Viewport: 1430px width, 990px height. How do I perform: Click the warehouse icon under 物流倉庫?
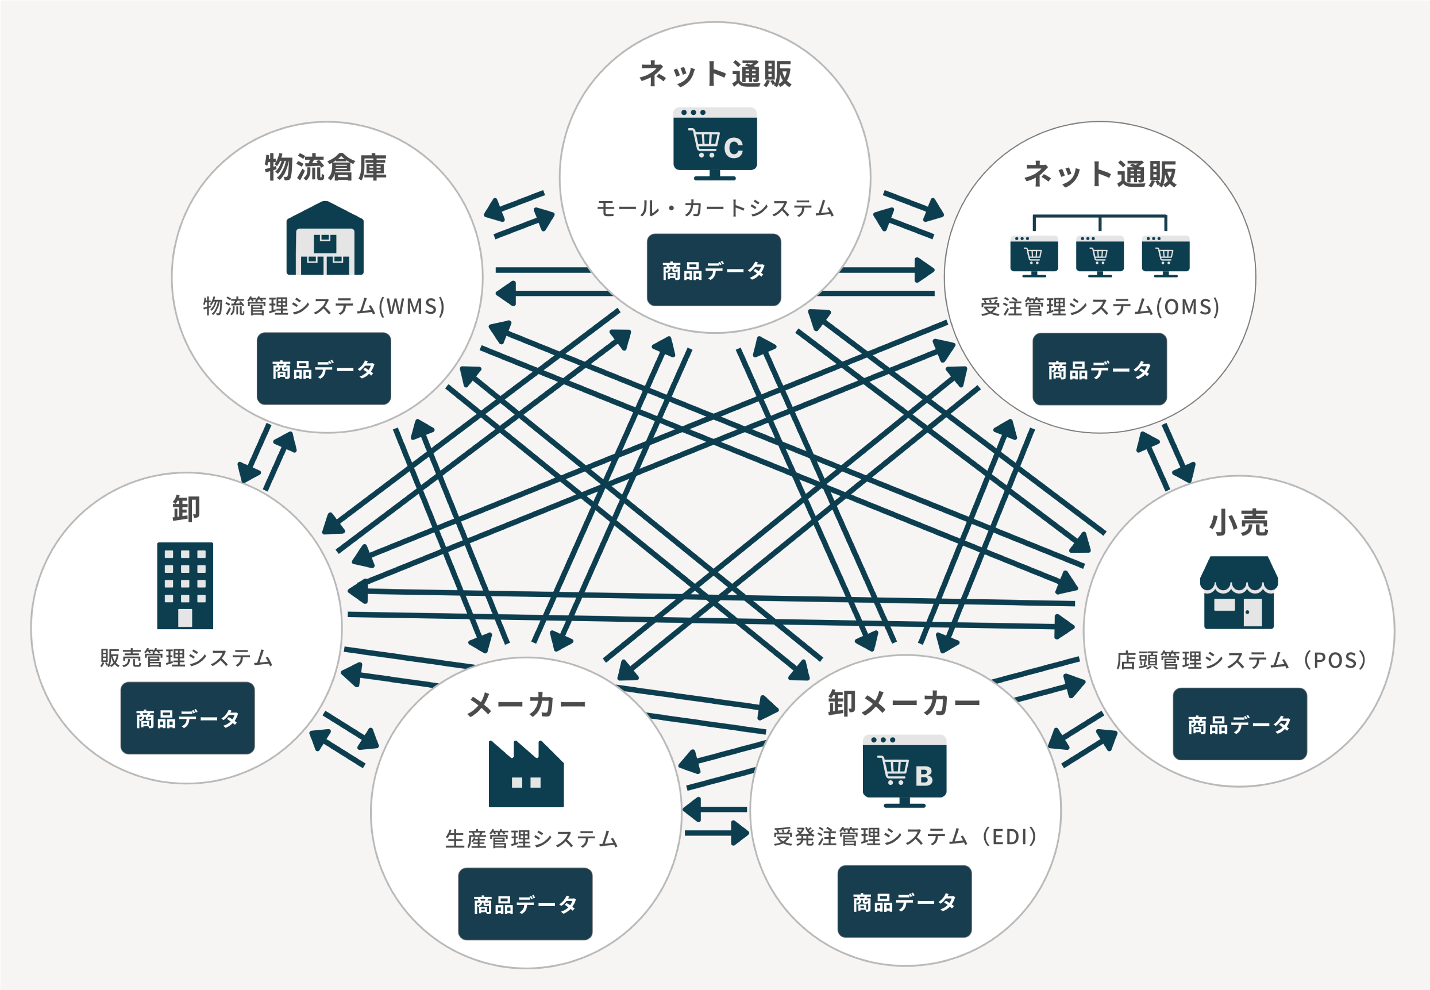pos(325,238)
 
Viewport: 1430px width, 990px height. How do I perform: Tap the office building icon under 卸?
pos(185,585)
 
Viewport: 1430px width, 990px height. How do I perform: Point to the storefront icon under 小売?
pos(1238,592)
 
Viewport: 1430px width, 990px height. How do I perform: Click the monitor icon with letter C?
pos(715,144)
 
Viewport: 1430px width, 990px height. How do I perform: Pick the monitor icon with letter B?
pos(904,771)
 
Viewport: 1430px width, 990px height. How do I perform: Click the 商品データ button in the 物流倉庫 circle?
pos(323,368)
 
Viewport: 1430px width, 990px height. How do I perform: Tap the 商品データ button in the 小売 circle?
pos(1240,724)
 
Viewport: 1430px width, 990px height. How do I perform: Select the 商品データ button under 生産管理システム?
pos(525,904)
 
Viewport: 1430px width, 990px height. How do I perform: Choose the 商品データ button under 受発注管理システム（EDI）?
pos(904,902)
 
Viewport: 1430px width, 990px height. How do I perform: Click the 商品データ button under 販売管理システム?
pos(187,718)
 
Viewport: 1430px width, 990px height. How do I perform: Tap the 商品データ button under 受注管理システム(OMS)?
pos(1100,369)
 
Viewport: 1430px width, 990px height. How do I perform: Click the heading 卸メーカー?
pos(904,703)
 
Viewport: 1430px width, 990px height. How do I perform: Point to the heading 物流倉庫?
pos(326,167)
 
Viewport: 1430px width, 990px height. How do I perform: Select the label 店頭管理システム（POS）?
pos(1241,660)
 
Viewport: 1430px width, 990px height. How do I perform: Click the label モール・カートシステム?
pos(715,209)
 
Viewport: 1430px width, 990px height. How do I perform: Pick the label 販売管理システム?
pos(186,657)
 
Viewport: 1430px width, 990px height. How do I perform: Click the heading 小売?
pos(1238,522)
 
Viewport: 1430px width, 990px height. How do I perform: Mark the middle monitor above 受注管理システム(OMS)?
pos(1100,256)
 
